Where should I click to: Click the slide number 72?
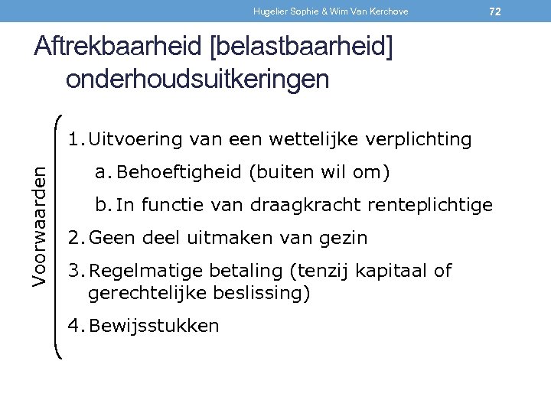point(495,11)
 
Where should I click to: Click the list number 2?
point(73,238)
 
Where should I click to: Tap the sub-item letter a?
point(100,173)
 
